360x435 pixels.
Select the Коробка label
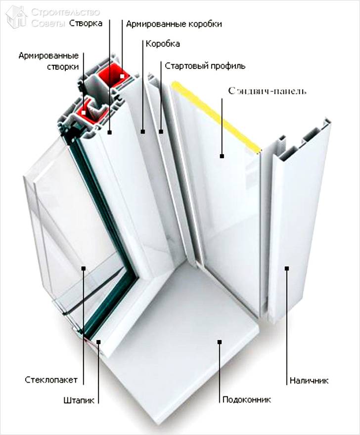[163, 43]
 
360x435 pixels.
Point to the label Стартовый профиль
[205, 65]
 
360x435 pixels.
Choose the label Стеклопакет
[51, 380]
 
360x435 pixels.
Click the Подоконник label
[246, 399]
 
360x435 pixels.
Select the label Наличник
[309, 380]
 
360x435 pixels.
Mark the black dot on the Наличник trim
[286, 268]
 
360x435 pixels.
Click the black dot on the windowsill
[220, 341]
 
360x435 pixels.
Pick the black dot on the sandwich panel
[222, 156]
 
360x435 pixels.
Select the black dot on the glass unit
[84, 268]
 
